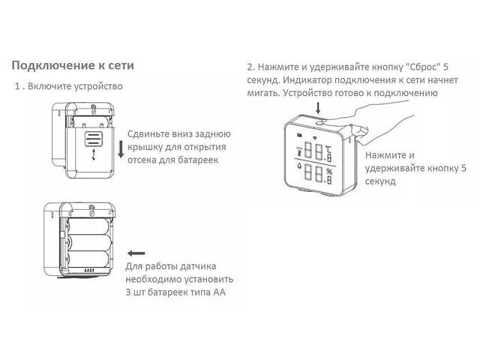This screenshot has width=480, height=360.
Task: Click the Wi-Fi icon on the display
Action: coord(314,137)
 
